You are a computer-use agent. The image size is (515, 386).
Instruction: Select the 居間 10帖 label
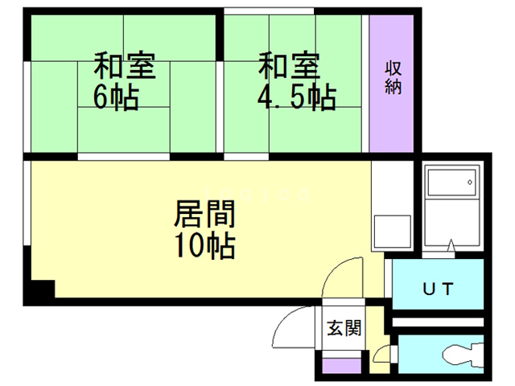205,229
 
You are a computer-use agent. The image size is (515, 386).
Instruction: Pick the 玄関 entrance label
344,327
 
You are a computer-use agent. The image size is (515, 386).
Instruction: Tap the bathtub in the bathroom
451,185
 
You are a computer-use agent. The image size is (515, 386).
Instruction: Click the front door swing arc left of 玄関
294,330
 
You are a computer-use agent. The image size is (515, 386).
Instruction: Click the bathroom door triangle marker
451,245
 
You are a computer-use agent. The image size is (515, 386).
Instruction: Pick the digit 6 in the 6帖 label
101,97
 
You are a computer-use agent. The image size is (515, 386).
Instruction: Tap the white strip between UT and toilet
439,322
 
